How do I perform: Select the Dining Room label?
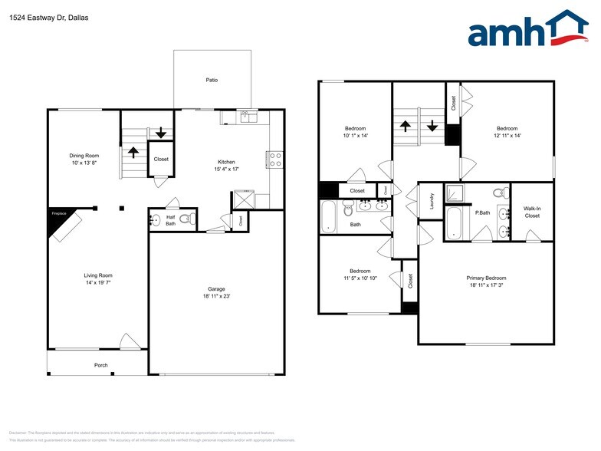pos(84,156)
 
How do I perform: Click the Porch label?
pos(100,365)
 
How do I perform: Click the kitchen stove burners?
pos(275,160)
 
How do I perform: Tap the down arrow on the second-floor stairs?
pos(432,125)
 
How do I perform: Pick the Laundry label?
pos(432,201)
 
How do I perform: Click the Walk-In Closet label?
pos(532,212)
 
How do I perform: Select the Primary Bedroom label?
pos(486,278)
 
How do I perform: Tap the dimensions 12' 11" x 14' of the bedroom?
pos(507,136)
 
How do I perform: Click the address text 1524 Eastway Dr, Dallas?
pos(44,16)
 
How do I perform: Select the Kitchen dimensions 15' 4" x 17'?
pos(226,169)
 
